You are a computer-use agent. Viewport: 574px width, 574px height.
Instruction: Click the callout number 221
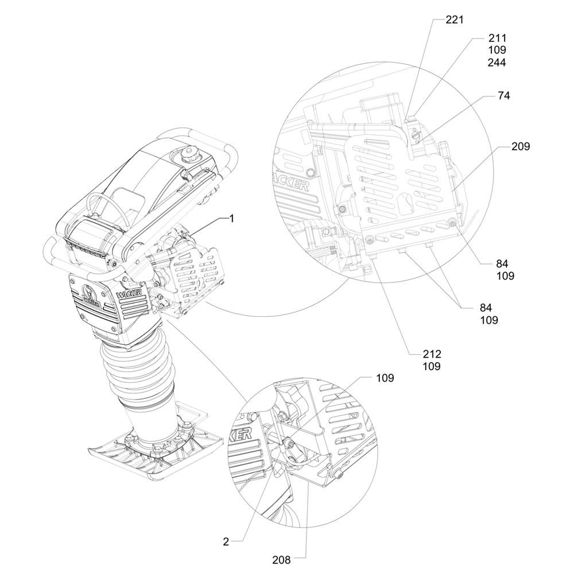pos(454,20)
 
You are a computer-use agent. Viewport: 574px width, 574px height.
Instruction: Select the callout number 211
pos(497,38)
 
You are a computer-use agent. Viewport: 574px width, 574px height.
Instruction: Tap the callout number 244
pos(497,63)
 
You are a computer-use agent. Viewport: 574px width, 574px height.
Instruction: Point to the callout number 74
pos(504,95)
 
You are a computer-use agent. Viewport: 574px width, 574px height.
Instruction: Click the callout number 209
pos(521,146)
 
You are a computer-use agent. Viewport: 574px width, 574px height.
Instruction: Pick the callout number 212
pos(432,354)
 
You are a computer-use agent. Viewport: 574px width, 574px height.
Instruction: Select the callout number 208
pos(281,560)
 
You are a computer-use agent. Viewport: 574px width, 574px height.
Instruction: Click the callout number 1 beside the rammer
pos(231,219)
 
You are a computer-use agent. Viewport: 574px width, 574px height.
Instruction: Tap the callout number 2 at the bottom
pos(226,542)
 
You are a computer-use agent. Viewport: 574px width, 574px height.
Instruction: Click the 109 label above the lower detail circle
pos(385,378)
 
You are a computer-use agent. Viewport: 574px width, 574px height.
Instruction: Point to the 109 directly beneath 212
pos(432,366)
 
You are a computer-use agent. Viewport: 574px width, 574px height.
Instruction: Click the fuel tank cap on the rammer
pos(191,153)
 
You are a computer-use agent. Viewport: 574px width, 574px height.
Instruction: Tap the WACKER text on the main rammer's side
pos(131,285)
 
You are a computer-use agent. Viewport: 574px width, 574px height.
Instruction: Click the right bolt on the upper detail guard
pos(452,221)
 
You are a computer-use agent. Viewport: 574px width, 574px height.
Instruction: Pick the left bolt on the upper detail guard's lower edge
pos(370,240)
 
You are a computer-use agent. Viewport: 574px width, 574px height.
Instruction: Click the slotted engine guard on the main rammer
pos(196,272)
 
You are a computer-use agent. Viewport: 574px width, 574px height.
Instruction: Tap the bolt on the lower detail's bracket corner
pos(339,475)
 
